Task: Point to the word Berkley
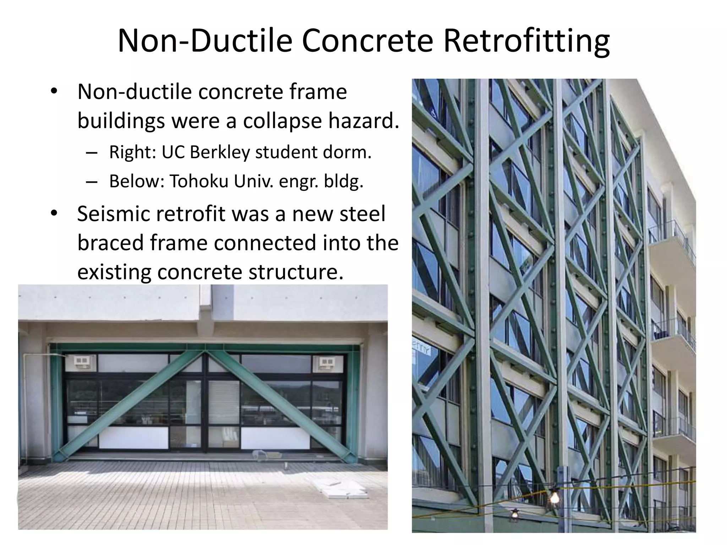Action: [x=220, y=152]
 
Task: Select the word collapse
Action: [x=282, y=121]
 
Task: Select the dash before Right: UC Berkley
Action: [x=92, y=153]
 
